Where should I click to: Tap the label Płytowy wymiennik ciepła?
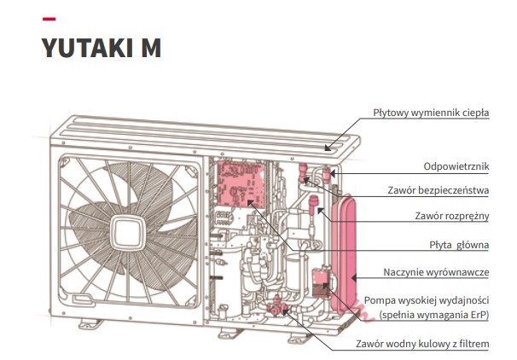pyautogui.click(x=431, y=113)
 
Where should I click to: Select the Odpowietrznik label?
pyautogui.click(x=456, y=165)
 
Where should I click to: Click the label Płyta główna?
pyautogui.click(x=458, y=245)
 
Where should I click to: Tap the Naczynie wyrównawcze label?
pyautogui.click(x=437, y=272)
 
